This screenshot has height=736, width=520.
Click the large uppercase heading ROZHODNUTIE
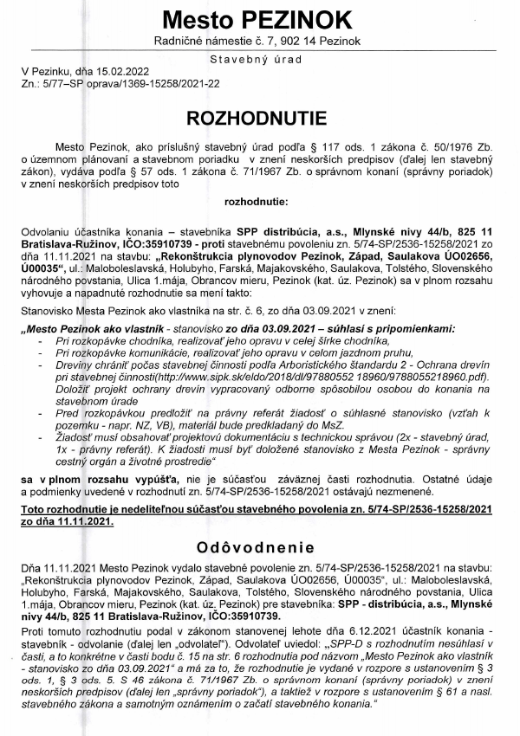pyautogui.click(x=260, y=118)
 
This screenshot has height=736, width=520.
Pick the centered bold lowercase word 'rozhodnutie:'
pyautogui.click(x=260, y=202)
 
